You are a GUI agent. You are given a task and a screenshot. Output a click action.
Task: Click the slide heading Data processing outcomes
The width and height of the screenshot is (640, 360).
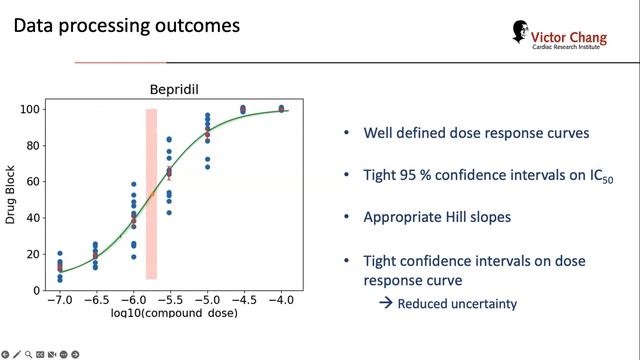click(x=126, y=25)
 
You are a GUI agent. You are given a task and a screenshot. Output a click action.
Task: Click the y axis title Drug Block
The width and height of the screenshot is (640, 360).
click(x=11, y=191)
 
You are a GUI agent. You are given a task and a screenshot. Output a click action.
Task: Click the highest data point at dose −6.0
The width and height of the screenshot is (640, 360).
click(x=134, y=185)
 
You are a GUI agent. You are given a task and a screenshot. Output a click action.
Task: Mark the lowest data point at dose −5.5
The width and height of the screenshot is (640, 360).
click(x=169, y=212)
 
